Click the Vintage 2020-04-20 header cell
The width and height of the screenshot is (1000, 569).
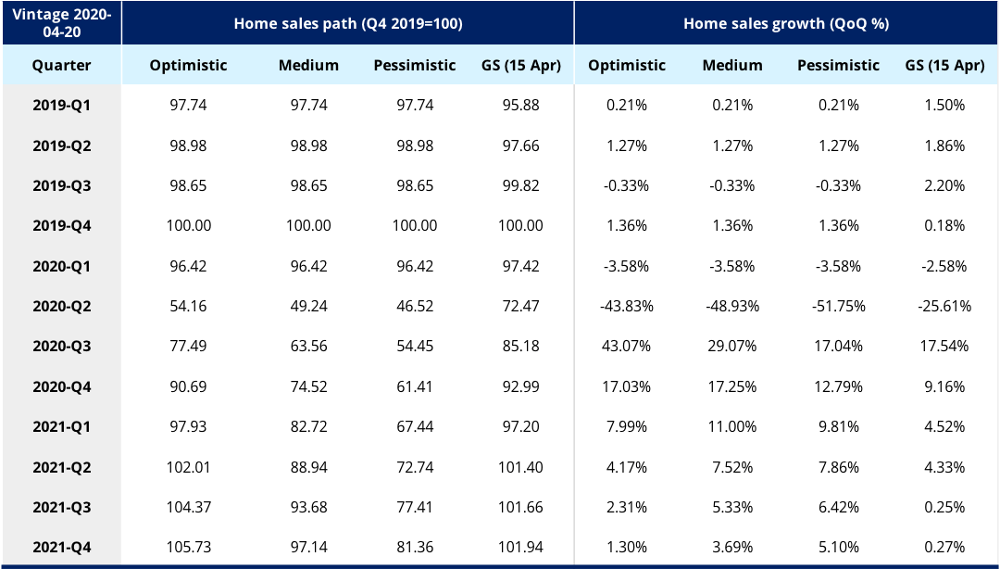coord(61,23)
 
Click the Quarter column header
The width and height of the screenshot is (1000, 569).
coord(61,65)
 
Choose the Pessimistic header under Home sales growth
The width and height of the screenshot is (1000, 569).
coord(838,65)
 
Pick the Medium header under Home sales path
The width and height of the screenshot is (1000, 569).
coord(308,65)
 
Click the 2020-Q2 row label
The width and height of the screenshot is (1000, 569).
coord(61,306)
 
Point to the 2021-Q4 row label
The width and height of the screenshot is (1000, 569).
coord(61,547)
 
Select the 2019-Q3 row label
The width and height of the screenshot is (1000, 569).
coord(61,185)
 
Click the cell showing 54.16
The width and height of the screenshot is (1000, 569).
coord(188,306)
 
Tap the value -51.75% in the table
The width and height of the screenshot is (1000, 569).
coord(838,306)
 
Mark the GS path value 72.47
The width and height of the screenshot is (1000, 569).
coord(520,306)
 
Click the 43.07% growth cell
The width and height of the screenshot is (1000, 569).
coord(627,346)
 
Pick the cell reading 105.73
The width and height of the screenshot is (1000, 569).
coord(188,547)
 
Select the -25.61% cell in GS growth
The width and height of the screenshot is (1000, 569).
coord(944,306)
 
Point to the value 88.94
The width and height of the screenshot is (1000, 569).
coord(308,466)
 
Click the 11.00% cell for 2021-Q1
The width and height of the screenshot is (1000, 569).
coord(732,426)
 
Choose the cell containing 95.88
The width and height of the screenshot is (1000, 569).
coord(520,106)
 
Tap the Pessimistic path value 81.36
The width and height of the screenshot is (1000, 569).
coord(415,547)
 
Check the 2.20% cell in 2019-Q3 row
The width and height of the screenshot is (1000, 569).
coord(944,185)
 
